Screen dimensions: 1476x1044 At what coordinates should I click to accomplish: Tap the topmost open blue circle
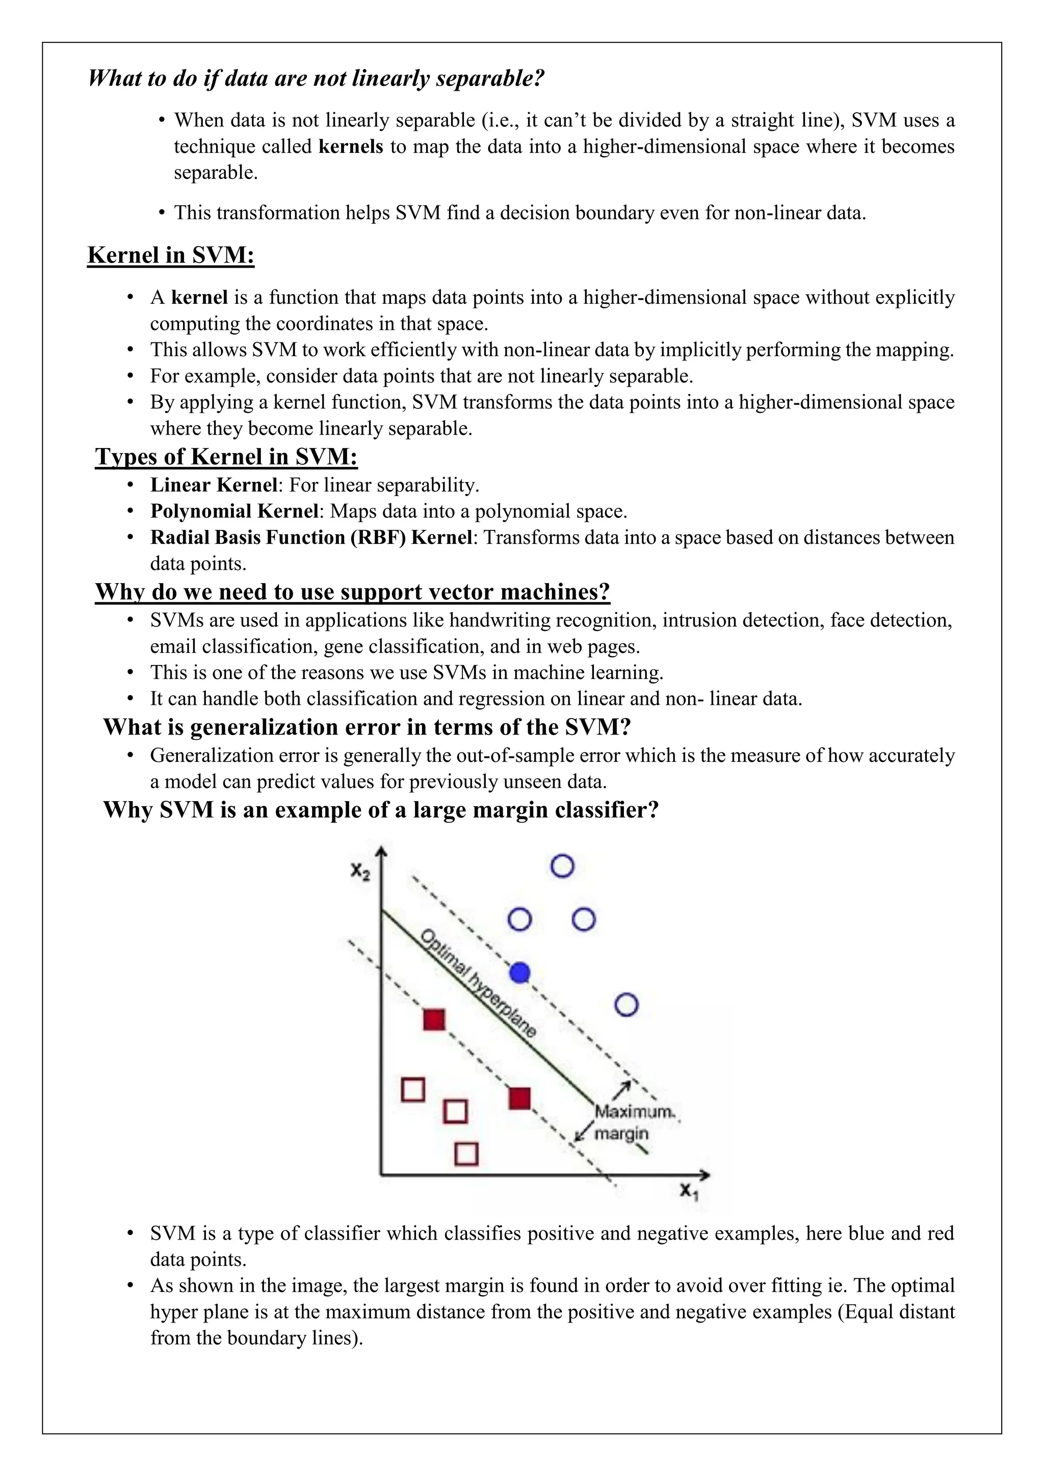[x=562, y=866]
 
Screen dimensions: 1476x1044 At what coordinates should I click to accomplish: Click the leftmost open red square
[x=413, y=1090]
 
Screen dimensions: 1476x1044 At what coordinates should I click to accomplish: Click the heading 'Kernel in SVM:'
[x=171, y=255]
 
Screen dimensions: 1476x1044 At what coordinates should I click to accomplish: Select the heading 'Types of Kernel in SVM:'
[x=226, y=457]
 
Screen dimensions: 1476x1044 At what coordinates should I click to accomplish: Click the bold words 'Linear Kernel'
[x=214, y=485]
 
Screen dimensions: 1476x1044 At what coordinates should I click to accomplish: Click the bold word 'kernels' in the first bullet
[x=351, y=147]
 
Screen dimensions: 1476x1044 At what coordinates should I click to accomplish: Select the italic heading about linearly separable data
[x=316, y=78]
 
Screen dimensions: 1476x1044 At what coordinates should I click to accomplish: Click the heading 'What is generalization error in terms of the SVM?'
[x=367, y=727]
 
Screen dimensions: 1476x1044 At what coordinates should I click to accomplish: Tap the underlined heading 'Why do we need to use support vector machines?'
[x=352, y=591]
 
